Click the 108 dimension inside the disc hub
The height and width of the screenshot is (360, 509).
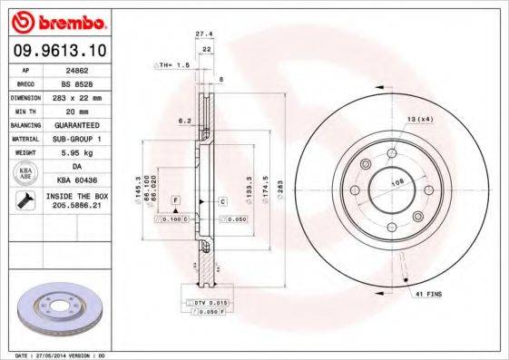tap(396, 181)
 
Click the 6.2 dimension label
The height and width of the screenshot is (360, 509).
tap(183, 120)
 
